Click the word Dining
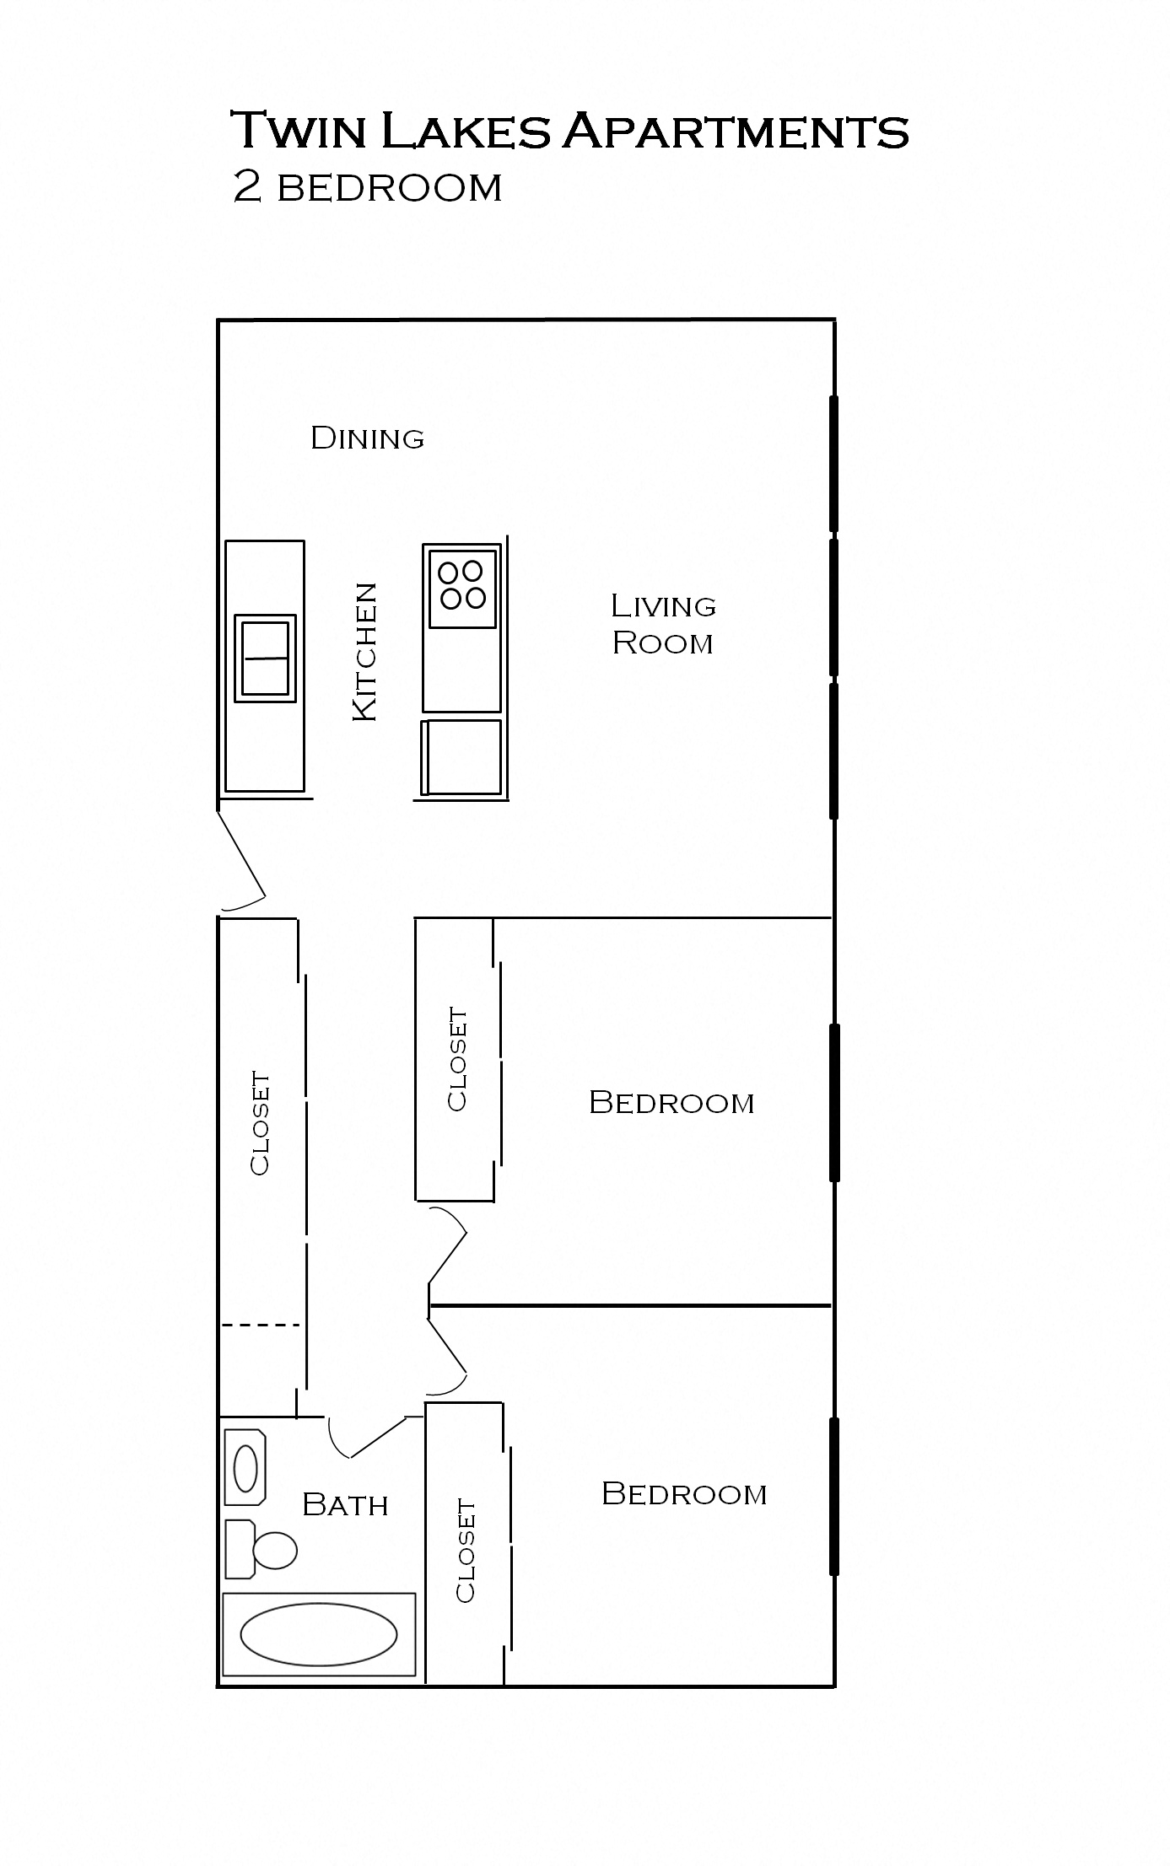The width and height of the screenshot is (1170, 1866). click(367, 438)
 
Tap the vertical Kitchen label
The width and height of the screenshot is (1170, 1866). click(364, 652)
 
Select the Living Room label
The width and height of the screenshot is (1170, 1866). click(663, 624)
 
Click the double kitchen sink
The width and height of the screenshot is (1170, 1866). click(265, 659)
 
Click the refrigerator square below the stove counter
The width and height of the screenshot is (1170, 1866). click(462, 756)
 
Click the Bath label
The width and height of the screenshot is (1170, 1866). click(345, 1505)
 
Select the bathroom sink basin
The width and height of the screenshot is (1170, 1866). click(245, 1468)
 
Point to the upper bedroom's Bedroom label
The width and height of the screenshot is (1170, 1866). click(671, 1103)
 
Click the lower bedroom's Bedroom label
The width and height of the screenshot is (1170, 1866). click(684, 1494)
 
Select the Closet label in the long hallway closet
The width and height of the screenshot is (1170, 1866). click(260, 1123)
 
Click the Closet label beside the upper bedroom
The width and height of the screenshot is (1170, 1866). click(456, 1059)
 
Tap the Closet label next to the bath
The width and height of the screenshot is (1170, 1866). click(466, 1550)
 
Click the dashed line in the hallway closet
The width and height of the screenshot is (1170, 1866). click(261, 1326)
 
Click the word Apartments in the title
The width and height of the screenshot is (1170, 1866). click(735, 132)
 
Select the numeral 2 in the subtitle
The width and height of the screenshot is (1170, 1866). click(246, 187)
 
